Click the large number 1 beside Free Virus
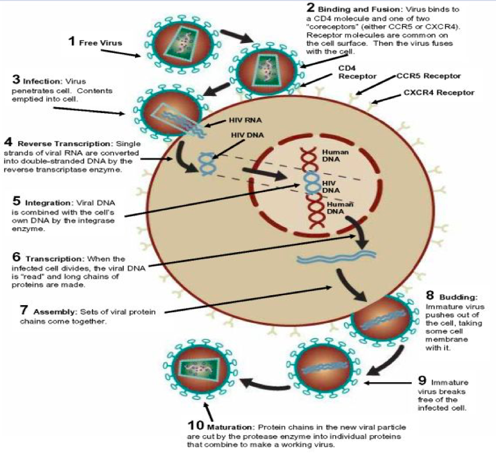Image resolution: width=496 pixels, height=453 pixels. [x=72, y=41]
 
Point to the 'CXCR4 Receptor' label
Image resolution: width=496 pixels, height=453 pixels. [x=438, y=92]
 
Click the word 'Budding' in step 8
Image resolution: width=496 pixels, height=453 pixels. [x=451, y=297]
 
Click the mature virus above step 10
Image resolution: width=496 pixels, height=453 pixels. [x=201, y=371]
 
